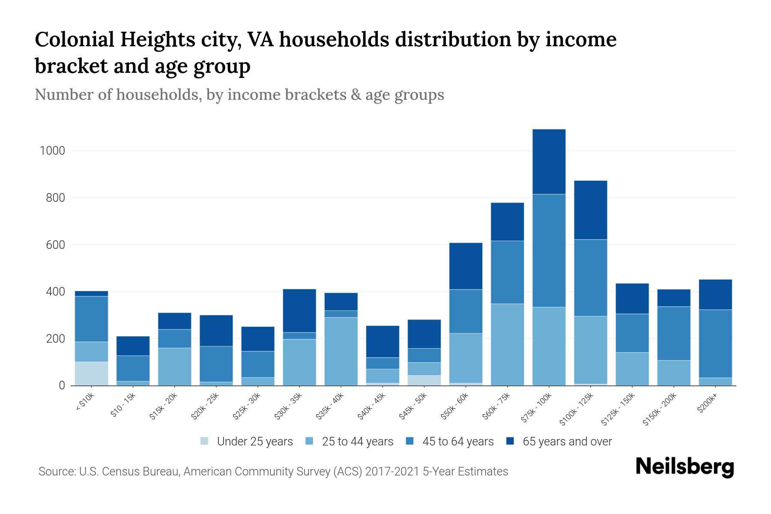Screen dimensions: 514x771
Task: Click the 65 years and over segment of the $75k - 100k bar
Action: [549, 161]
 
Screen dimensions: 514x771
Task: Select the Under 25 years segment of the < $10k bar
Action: [91, 374]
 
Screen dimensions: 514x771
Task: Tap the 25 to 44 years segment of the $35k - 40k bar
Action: [341, 351]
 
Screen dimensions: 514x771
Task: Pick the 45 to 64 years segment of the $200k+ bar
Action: [715, 344]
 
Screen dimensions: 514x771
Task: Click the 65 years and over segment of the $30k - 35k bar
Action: [299, 311]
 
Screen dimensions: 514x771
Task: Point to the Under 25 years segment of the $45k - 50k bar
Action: [424, 380]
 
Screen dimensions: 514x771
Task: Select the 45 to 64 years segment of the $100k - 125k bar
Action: [590, 278]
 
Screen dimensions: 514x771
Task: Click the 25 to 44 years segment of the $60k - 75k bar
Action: [507, 344]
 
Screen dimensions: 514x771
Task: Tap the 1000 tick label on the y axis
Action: [52, 151]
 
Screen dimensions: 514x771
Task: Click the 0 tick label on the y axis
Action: [62, 385]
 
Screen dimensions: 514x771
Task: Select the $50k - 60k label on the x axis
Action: [455, 406]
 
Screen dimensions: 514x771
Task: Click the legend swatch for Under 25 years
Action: [205, 441]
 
